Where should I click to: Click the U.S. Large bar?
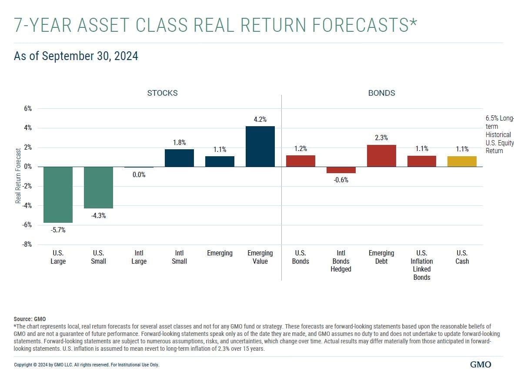[x=58, y=195]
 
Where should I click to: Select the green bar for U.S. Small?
[x=98, y=188]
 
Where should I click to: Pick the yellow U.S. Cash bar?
[x=462, y=161]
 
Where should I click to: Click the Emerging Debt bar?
[x=381, y=156]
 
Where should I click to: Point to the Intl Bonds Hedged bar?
[x=341, y=170]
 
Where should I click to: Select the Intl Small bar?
[x=179, y=158]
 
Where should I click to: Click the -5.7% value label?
[x=58, y=230]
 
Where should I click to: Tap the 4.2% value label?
[x=260, y=119]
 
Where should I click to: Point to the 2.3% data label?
[x=381, y=138]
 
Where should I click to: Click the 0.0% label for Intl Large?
[x=139, y=174]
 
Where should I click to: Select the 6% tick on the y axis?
[x=28, y=108]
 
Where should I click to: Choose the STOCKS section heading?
[x=162, y=93]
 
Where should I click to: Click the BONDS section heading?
[x=381, y=93]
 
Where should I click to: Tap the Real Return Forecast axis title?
[x=18, y=176]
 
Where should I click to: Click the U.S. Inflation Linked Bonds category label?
[x=421, y=265]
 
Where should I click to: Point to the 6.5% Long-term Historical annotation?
[x=499, y=134]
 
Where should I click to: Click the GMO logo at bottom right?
[x=481, y=365]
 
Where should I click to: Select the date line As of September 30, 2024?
[x=76, y=56]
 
